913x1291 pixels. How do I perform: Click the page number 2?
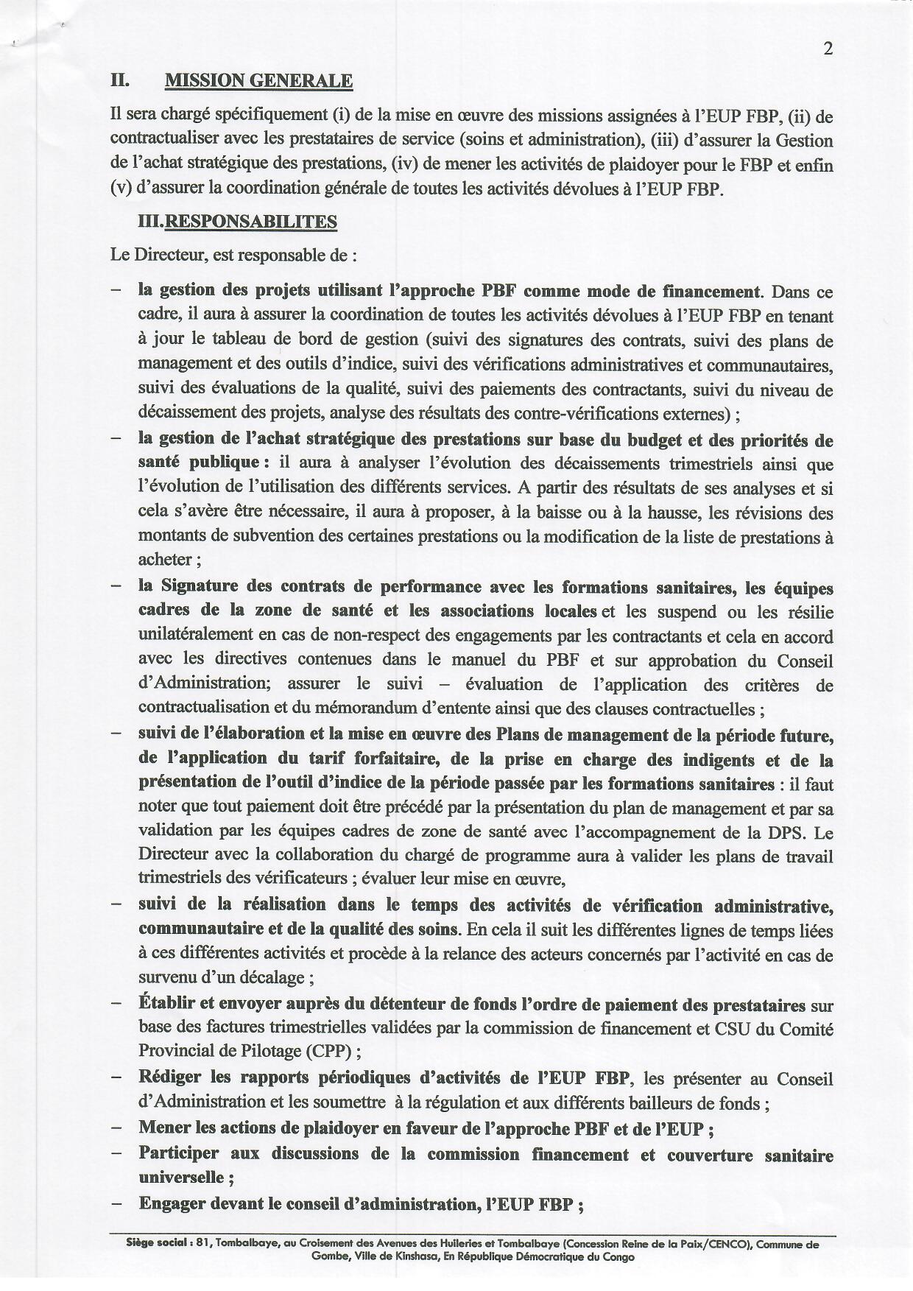point(828,49)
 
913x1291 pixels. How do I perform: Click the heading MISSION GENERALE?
point(258,80)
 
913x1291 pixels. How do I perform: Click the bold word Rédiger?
point(169,1077)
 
